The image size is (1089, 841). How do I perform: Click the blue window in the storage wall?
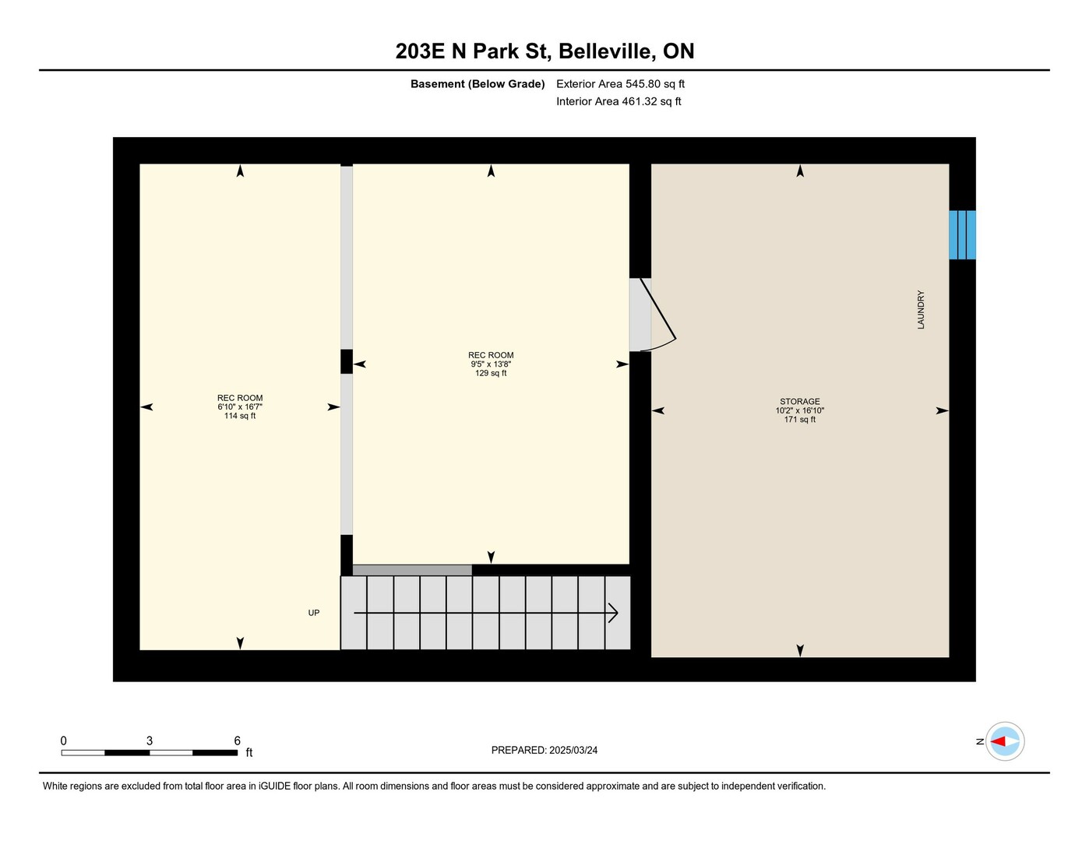point(962,235)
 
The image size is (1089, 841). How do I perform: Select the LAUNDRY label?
point(921,310)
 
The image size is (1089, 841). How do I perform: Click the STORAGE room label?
point(799,401)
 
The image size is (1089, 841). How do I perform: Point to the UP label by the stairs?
point(314,613)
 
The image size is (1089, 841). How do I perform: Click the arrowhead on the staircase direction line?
point(613,613)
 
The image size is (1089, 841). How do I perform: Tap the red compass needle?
point(998,741)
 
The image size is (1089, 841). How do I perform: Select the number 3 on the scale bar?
point(150,741)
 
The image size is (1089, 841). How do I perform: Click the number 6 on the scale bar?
point(237,741)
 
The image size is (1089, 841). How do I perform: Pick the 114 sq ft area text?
point(240,416)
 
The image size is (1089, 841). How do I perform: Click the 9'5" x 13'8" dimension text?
point(491,364)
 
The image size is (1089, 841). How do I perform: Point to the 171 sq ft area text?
point(799,419)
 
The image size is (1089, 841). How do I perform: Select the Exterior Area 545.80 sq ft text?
point(620,83)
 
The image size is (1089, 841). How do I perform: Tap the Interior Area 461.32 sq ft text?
point(619,101)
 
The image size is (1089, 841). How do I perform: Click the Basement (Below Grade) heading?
point(478,83)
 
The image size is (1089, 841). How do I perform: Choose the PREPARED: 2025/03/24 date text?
point(544,750)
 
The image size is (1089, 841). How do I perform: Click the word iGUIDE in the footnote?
point(275,786)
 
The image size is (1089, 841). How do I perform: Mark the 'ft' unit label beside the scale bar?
point(249,752)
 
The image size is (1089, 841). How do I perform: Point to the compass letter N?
point(980,741)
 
